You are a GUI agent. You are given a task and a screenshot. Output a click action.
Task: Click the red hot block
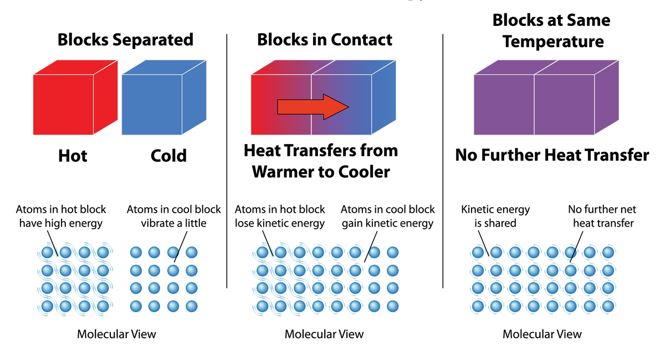[63, 104]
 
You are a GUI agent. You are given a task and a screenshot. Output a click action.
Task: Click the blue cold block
[152, 104]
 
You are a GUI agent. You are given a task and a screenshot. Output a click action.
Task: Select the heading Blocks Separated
[126, 40]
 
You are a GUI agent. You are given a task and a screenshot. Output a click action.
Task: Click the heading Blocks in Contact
[325, 40]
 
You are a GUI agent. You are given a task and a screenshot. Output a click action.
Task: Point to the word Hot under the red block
[73, 156]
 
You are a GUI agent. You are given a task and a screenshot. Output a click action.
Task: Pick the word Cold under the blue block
[168, 156]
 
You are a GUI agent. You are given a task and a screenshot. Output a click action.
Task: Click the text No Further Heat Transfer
[552, 155]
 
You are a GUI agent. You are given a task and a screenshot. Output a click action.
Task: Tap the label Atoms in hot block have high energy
[61, 217]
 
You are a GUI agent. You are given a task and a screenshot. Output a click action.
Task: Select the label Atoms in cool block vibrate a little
[173, 217]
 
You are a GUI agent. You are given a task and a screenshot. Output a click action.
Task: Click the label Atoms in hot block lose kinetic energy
[280, 217]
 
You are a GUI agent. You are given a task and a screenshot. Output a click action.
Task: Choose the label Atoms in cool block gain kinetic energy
[388, 217]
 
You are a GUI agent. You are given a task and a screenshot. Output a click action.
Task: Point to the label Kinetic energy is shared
[495, 217]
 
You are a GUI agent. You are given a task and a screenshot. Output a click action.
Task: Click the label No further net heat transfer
[602, 217]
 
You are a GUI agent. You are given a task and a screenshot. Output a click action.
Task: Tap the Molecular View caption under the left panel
[116, 334]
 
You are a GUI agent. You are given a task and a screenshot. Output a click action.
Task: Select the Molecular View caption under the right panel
[542, 334]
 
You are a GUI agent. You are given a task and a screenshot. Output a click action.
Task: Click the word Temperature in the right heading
[553, 42]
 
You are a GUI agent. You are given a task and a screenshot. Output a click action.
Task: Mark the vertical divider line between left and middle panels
[227, 166]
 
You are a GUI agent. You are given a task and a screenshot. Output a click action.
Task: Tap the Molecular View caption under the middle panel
[324, 334]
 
